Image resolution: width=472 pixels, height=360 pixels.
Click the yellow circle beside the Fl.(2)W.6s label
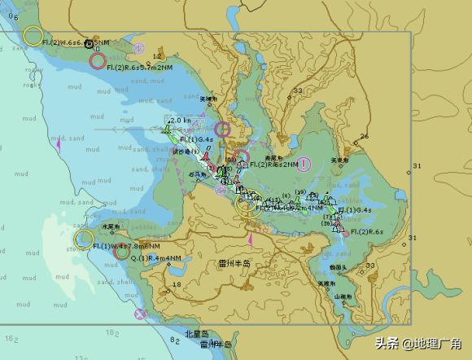click(x=33, y=35)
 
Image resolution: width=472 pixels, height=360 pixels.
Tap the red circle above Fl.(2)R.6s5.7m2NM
click(x=98, y=59)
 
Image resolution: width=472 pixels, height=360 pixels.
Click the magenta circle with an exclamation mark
click(x=304, y=165)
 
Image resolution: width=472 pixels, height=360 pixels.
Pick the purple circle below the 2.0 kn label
click(x=223, y=128)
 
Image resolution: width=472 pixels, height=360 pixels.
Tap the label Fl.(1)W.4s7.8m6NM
click(x=130, y=245)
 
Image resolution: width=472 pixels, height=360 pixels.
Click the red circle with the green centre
click(x=121, y=253)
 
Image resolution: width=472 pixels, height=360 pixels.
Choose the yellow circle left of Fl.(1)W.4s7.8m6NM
click(x=83, y=239)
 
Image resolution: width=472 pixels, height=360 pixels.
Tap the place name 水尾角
click(x=111, y=226)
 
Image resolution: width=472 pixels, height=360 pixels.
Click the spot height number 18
click(x=177, y=284)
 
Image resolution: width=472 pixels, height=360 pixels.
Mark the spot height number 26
click(x=364, y=136)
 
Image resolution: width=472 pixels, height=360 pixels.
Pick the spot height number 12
click(x=157, y=55)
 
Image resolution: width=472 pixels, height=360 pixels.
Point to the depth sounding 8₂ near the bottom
click(x=175, y=340)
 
